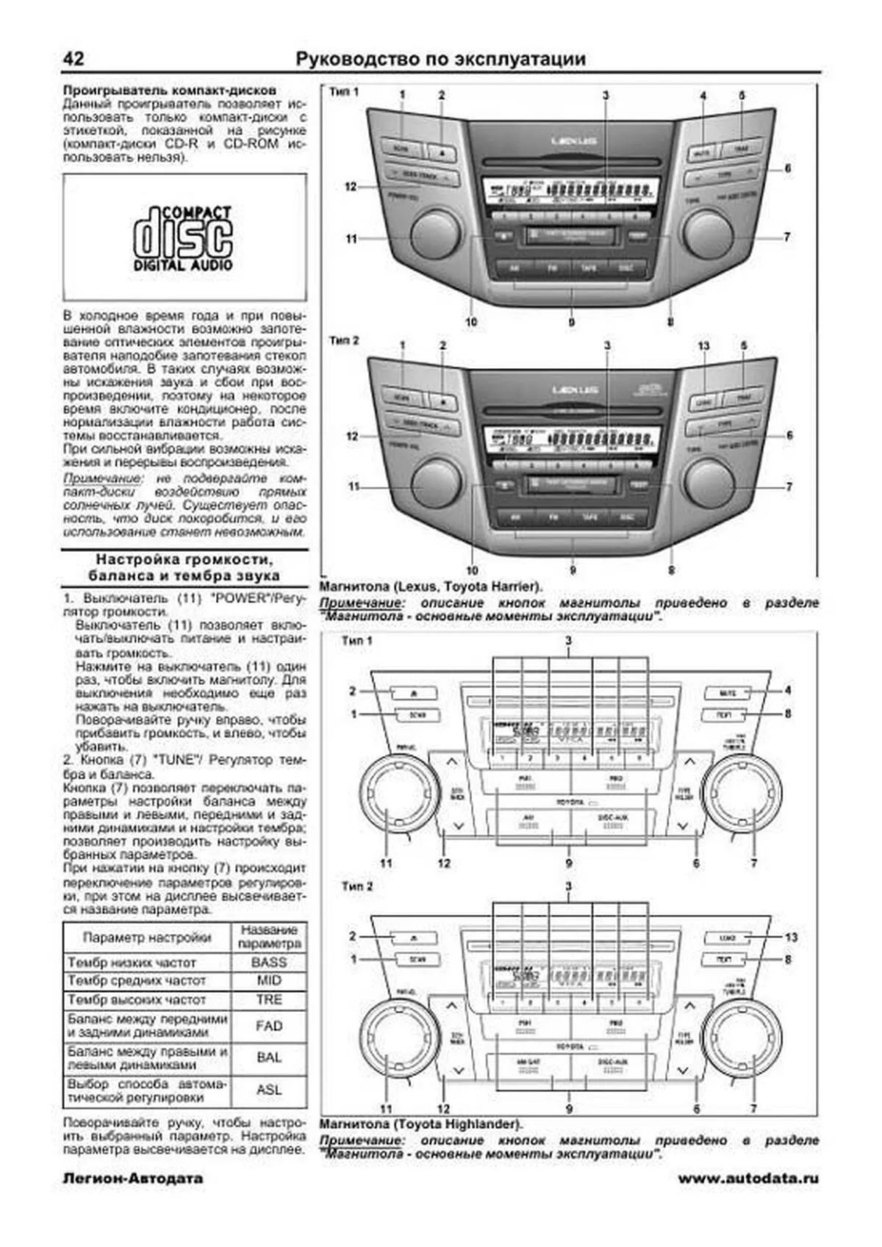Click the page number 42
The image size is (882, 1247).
(x=73, y=59)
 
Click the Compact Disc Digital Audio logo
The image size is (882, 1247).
(x=184, y=238)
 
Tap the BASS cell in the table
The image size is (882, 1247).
(x=269, y=962)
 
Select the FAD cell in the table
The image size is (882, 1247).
(x=269, y=1026)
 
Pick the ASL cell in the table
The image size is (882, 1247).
(x=269, y=1090)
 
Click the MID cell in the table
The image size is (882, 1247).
(x=269, y=981)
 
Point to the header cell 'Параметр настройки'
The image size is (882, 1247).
(x=147, y=938)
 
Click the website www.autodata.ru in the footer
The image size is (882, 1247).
(x=747, y=1179)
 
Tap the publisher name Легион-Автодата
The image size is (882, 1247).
(x=133, y=1179)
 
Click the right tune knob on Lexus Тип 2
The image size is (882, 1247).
(x=709, y=482)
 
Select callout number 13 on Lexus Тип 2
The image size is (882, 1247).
(x=704, y=345)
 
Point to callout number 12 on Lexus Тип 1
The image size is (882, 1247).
(x=351, y=187)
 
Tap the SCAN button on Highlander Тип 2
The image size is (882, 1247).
(x=417, y=959)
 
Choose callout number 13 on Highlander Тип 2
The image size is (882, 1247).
(x=791, y=937)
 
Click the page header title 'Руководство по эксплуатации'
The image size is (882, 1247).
(x=440, y=59)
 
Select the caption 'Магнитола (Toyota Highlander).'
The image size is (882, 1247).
(x=421, y=1124)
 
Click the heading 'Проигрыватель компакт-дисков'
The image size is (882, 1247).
(x=170, y=90)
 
